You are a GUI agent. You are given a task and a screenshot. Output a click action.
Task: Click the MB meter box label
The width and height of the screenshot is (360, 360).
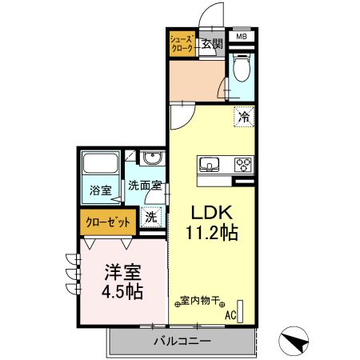tap(241, 36)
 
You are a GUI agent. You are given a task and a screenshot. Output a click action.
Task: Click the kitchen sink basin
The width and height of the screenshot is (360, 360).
tap(210, 165)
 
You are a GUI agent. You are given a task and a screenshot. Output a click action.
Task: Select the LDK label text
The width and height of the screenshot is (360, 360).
tap(210, 214)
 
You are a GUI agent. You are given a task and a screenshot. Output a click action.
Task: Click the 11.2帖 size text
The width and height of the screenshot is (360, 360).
tap(210, 234)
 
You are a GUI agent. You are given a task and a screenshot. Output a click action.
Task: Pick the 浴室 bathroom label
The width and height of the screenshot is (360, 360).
tap(100, 191)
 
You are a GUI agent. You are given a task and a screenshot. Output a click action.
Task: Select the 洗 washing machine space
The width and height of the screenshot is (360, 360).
tap(150, 215)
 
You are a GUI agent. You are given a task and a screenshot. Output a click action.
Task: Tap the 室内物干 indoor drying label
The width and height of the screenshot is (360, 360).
tap(201, 302)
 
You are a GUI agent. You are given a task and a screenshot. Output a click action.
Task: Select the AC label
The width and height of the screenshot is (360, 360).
tap(230, 315)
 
